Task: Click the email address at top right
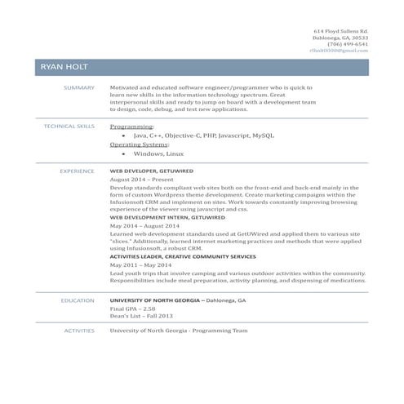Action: [x=339, y=51]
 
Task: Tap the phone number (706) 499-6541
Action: [x=349, y=44]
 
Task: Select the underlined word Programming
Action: [x=131, y=127]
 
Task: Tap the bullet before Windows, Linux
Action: [x=123, y=153]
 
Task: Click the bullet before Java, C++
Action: [x=123, y=135]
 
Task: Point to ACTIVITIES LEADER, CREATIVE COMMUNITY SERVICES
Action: [x=183, y=256]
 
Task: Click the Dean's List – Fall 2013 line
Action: [x=141, y=316]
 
